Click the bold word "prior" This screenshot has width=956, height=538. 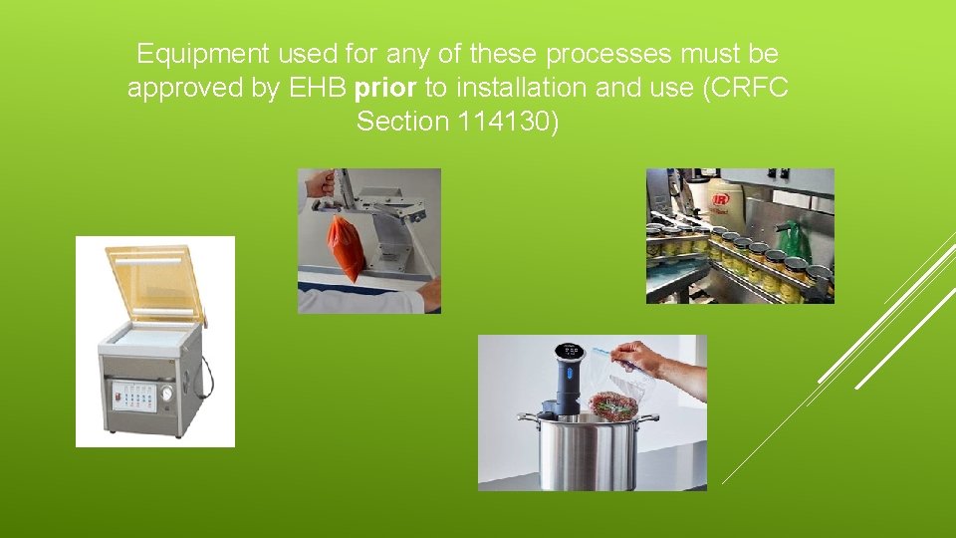pyautogui.click(x=385, y=88)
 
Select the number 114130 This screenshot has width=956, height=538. pyautogui.click(x=506, y=122)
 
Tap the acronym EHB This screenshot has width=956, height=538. pyautogui.click(x=318, y=88)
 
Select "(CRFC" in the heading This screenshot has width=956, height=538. pyautogui.click(x=745, y=88)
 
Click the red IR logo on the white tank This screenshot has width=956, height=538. pyautogui.click(x=721, y=198)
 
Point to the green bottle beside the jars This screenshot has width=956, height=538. pyautogui.click(x=795, y=241)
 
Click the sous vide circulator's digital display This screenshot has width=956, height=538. pyautogui.click(x=569, y=350)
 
